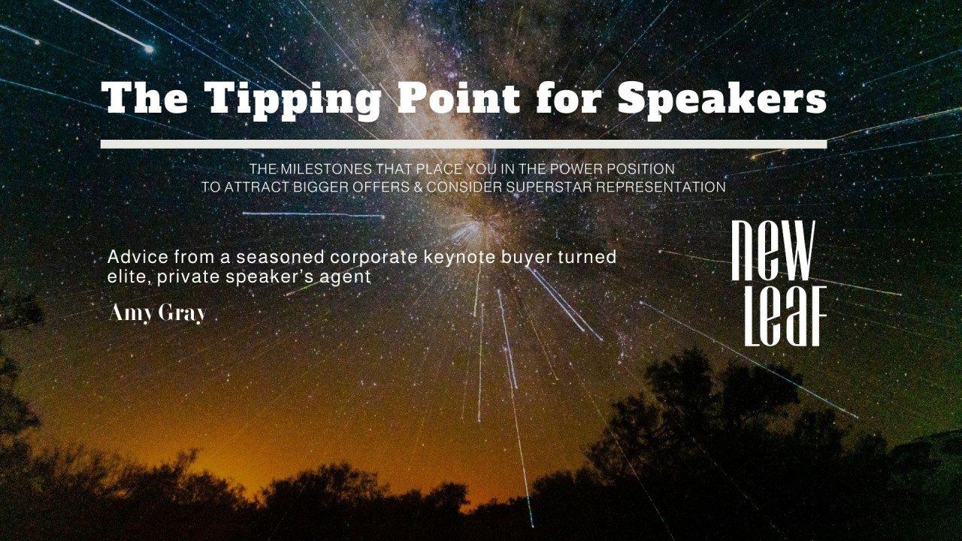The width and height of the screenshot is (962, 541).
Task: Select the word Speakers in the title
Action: [x=721, y=99]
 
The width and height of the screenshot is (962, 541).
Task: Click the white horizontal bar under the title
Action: [x=463, y=144]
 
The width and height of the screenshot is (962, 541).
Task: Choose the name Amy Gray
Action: [x=157, y=313]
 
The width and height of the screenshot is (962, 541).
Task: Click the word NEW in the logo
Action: [x=773, y=250]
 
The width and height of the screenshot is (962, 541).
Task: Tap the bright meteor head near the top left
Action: [x=149, y=49]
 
